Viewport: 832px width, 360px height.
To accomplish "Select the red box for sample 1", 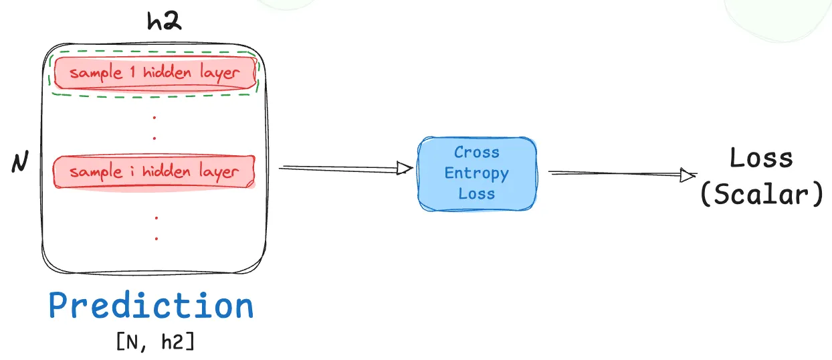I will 154,73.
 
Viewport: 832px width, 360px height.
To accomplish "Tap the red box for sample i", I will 154,172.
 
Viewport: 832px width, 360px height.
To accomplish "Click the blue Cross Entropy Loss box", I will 477,173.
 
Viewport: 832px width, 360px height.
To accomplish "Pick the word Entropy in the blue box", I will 477,173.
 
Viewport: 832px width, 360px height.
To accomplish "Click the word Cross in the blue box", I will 477,153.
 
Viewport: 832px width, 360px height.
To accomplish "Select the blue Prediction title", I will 151,306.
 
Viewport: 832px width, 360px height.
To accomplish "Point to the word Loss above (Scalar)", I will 761,159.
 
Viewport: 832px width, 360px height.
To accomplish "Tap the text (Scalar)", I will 761,195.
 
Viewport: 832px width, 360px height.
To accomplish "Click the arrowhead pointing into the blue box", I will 403,169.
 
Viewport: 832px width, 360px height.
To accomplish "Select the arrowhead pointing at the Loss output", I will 688,175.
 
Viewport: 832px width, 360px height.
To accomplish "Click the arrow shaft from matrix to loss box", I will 338,168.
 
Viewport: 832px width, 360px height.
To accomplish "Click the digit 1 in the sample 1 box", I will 132,72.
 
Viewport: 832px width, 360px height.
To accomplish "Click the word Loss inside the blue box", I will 477,194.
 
